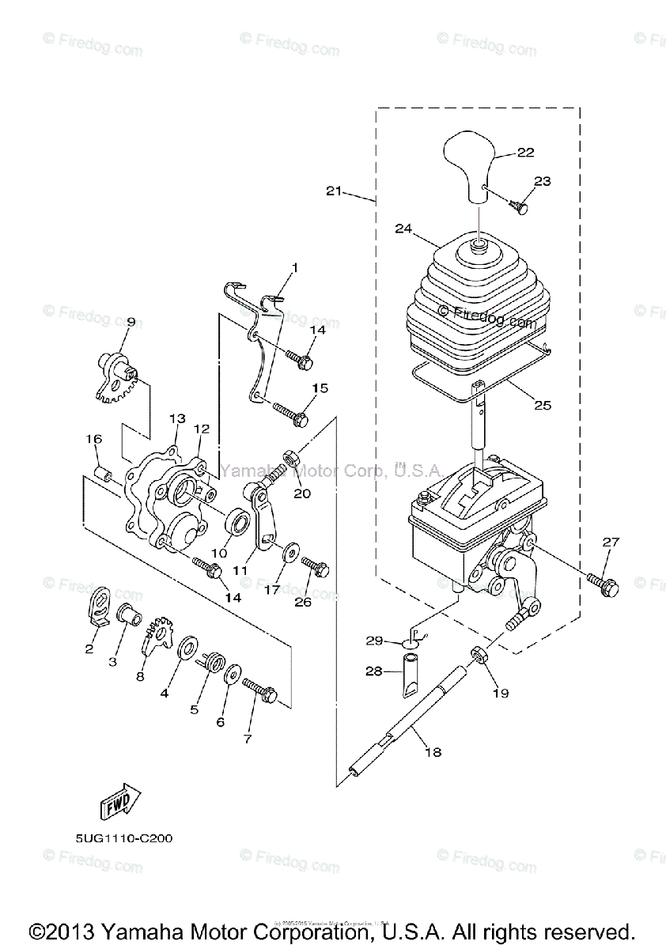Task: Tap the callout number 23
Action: coord(542,181)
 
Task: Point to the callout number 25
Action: coord(542,405)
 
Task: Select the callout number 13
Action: coord(176,418)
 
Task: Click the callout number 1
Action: coord(294,268)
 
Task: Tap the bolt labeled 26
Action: coord(315,567)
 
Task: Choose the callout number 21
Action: coord(334,191)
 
